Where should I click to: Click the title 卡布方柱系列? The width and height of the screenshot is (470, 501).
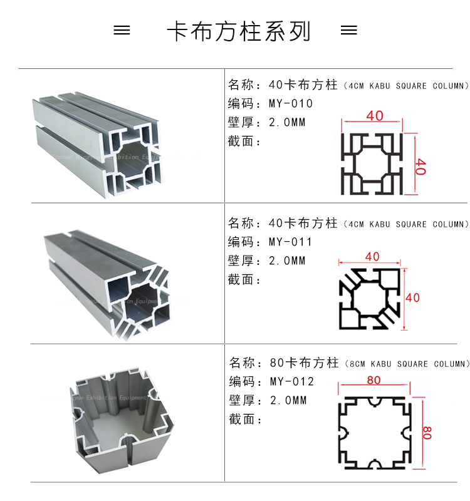(239, 31)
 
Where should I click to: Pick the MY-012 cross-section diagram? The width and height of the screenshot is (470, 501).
(374, 432)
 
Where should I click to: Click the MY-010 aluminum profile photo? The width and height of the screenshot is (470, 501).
(97, 144)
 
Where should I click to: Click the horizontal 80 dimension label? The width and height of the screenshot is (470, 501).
(374, 380)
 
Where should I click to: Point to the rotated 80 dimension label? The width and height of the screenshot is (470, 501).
(427, 433)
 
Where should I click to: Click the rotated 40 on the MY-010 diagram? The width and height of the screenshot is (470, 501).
(420, 167)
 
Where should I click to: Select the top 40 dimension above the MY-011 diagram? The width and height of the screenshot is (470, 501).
(372, 257)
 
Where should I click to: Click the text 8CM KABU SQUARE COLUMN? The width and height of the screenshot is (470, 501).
(406, 364)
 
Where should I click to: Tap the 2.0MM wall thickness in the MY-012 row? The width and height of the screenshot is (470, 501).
(288, 400)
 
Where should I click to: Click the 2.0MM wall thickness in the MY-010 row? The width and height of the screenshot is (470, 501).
(287, 123)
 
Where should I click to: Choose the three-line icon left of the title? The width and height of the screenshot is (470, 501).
(122, 31)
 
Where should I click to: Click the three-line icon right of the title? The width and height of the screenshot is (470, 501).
(348, 31)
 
